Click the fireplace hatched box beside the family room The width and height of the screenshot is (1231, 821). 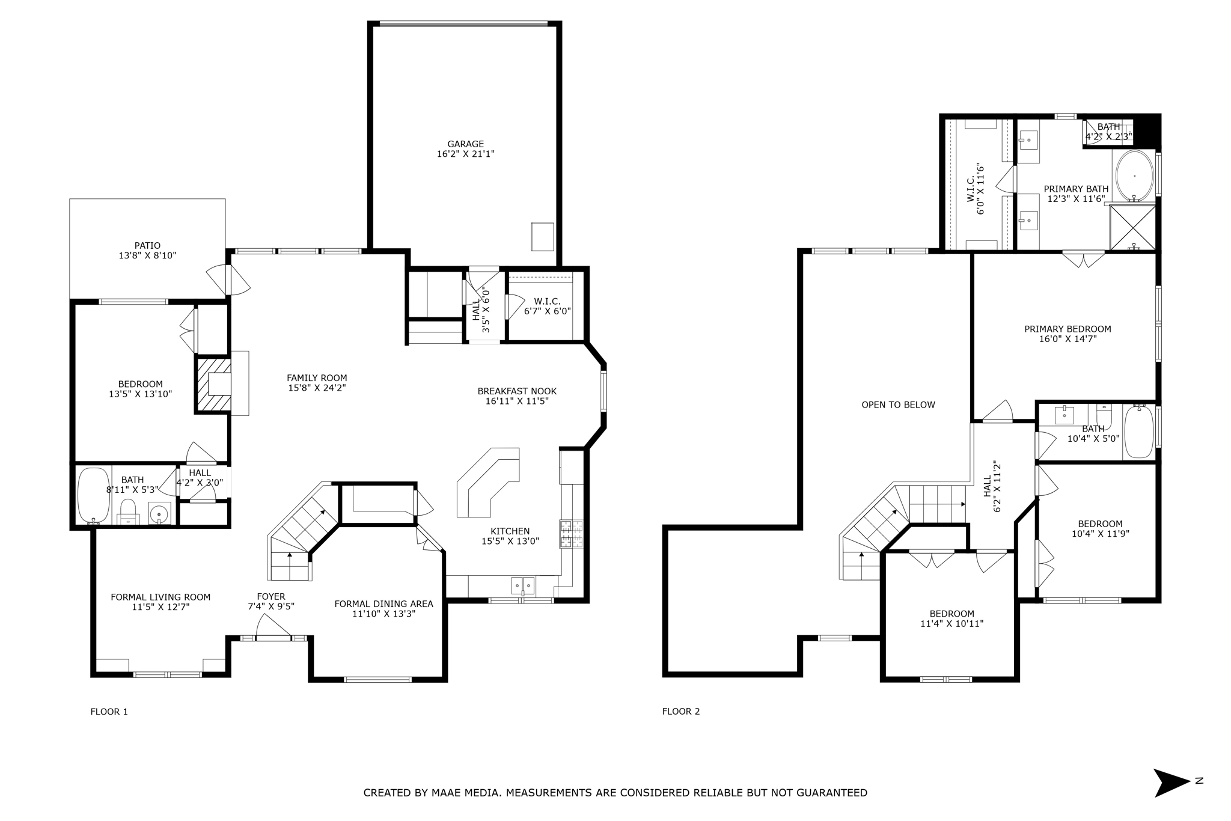pos(213,385)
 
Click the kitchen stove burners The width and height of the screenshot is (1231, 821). pos(571,534)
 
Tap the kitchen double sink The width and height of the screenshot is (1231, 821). pos(523,585)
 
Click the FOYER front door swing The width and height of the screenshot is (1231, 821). pos(273,627)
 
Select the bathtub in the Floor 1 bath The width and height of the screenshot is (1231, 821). pos(94,496)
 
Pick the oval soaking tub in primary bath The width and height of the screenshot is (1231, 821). pos(1134,175)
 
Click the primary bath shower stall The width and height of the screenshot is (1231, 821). pos(1132,227)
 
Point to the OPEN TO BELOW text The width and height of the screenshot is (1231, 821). pos(898,405)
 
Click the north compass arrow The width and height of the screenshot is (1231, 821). pos(1171,783)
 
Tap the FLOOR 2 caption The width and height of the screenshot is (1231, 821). pos(681,712)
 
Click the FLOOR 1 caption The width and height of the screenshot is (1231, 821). pos(109,712)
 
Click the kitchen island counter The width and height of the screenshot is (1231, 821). pos(488,482)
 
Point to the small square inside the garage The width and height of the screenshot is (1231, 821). pos(543,237)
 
